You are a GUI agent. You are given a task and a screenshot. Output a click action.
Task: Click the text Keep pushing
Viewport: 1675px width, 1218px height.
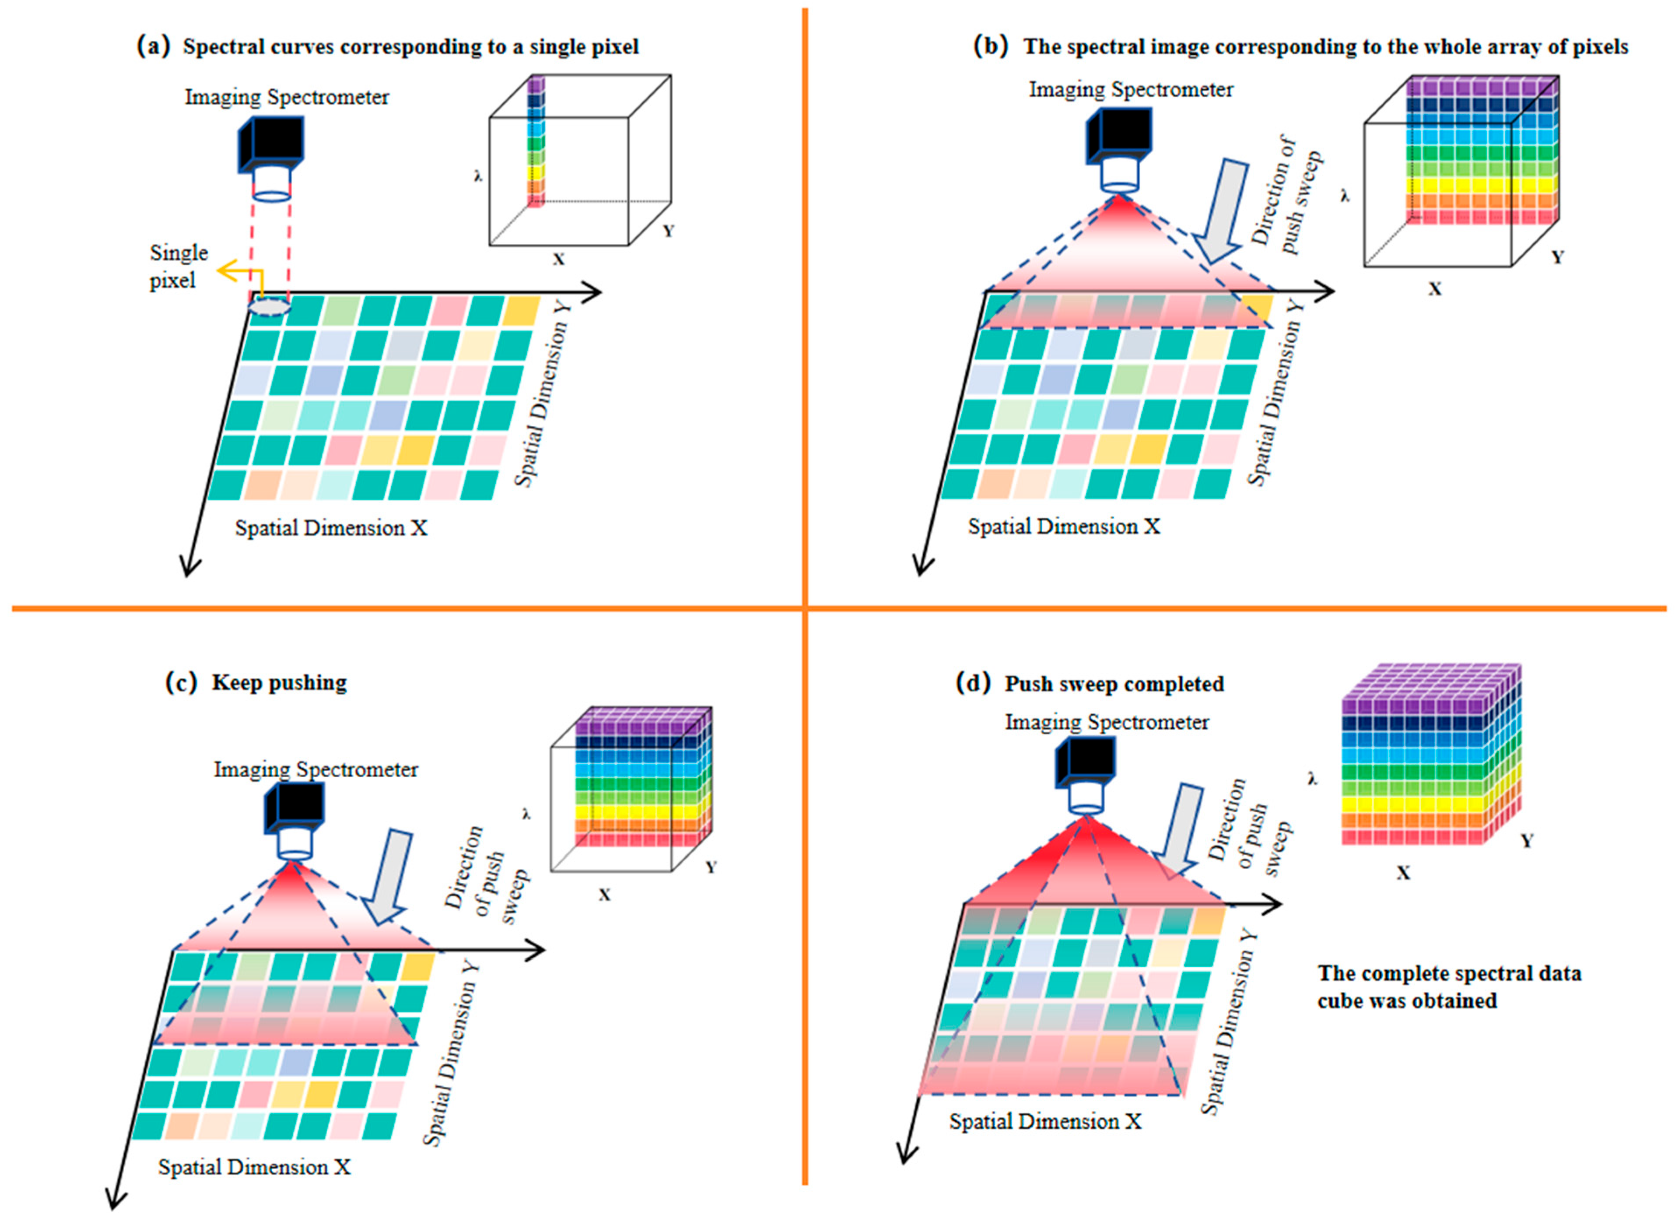click(279, 682)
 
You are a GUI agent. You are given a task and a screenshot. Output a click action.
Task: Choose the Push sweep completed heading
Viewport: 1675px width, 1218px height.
click(1114, 684)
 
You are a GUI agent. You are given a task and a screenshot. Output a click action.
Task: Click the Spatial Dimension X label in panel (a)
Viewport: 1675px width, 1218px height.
click(331, 528)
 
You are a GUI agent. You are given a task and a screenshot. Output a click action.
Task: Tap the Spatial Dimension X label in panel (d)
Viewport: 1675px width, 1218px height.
click(1045, 1121)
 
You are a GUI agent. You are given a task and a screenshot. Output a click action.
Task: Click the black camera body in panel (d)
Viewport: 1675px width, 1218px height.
click(1084, 762)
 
